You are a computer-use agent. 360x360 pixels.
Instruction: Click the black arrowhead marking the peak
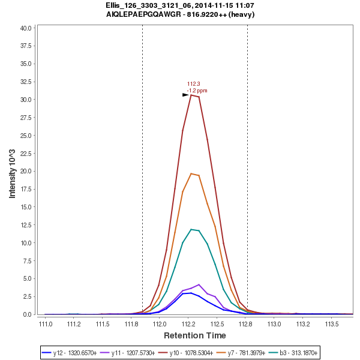pos(186,95)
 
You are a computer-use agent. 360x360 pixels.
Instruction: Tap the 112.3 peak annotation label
pos(193,84)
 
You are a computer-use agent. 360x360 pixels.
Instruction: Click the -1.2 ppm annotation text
pos(197,91)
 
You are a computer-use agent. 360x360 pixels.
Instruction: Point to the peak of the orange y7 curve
pos(191,173)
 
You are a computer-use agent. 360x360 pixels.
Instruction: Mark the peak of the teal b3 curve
pos(191,229)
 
